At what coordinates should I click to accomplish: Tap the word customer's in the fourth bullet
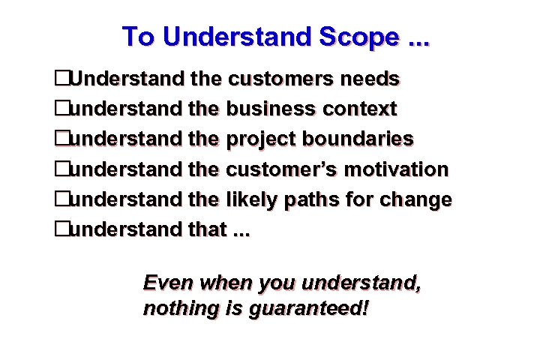pos(283,169)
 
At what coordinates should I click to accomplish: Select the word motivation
pos(397,169)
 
